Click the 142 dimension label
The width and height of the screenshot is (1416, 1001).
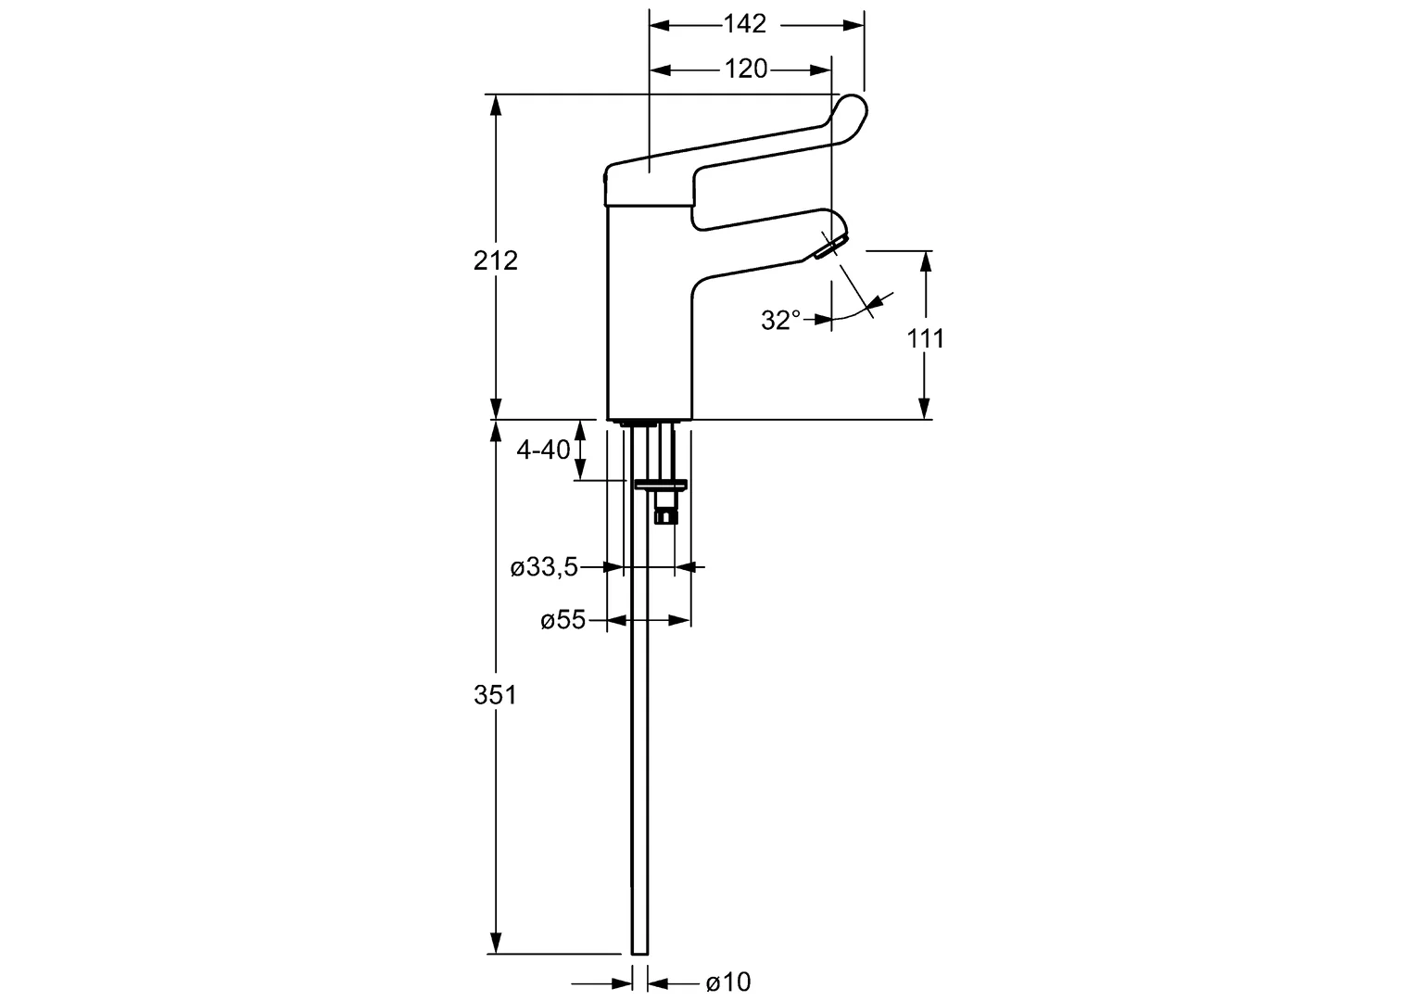pyautogui.click(x=745, y=24)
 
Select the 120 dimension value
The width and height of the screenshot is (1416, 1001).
pyautogui.click(x=745, y=69)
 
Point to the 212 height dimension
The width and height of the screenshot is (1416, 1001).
pyautogui.click(x=496, y=260)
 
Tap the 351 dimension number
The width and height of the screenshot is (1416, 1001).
pyautogui.click(x=496, y=694)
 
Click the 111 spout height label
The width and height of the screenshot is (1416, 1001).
pyautogui.click(x=925, y=338)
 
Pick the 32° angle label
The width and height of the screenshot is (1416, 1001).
pyautogui.click(x=780, y=320)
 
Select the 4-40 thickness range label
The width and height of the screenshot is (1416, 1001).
pyautogui.click(x=543, y=450)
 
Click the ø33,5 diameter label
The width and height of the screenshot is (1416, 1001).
pyautogui.click(x=544, y=567)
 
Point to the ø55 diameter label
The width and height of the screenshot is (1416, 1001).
pyautogui.click(x=563, y=620)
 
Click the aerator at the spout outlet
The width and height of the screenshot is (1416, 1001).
pyautogui.click(x=827, y=247)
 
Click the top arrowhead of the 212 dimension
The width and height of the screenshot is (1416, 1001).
pyautogui.click(x=496, y=103)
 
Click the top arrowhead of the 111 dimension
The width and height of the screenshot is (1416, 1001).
pyautogui.click(x=925, y=260)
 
